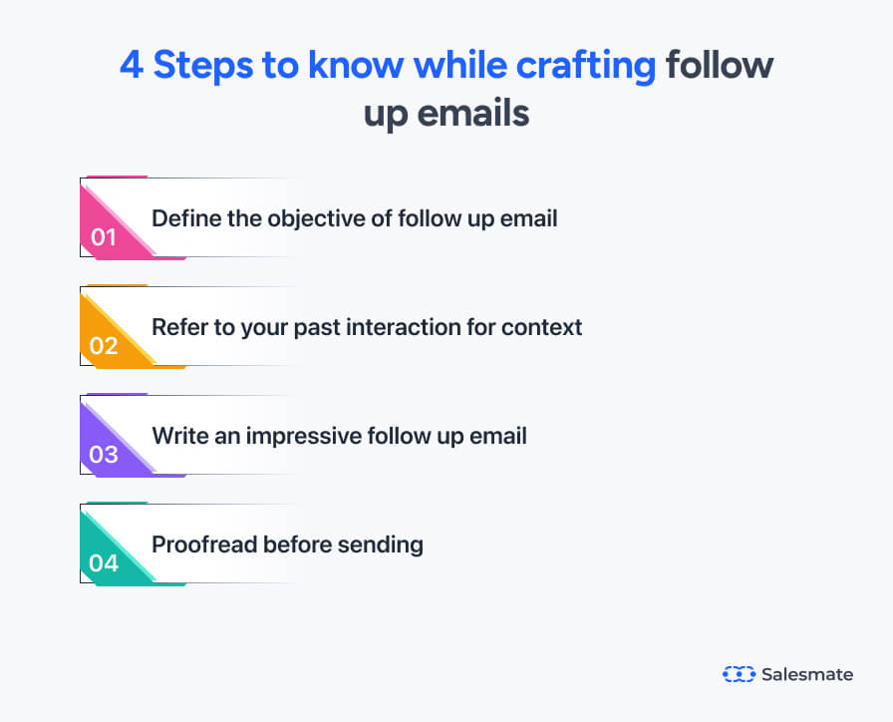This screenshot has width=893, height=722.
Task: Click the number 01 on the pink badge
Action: coord(104,237)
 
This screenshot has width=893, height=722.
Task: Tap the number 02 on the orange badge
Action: coord(104,346)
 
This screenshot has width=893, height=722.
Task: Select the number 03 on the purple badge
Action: coord(104,455)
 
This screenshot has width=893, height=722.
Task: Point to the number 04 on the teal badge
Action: coord(104,563)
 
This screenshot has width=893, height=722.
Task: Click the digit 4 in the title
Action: coord(131,66)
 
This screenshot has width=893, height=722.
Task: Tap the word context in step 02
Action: coord(546,326)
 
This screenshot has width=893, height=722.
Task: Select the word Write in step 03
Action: coord(176,435)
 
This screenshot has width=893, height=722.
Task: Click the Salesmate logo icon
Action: coord(739,674)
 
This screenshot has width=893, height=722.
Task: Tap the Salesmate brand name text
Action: coord(806,674)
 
